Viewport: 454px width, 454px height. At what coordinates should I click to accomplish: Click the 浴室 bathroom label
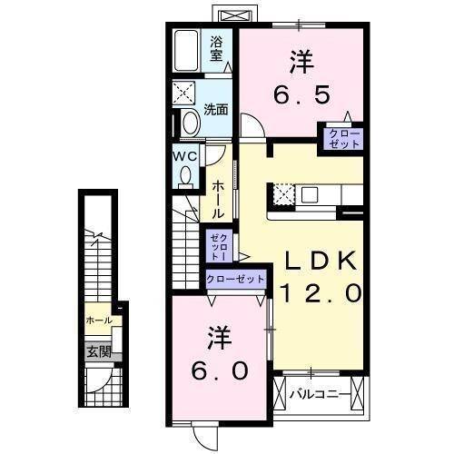point(217,48)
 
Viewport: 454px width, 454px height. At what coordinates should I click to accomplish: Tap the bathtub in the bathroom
point(189,52)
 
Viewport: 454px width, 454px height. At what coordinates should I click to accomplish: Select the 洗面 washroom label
point(215,110)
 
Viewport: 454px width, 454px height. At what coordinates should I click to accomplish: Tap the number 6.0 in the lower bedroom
point(218,372)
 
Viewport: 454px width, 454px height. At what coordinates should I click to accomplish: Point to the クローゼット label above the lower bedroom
point(236,279)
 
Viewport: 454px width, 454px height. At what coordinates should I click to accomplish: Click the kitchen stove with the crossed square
point(282,193)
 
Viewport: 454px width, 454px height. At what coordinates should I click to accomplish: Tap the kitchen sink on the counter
point(309,193)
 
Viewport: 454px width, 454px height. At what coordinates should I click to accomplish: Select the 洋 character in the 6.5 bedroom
point(301,61)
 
